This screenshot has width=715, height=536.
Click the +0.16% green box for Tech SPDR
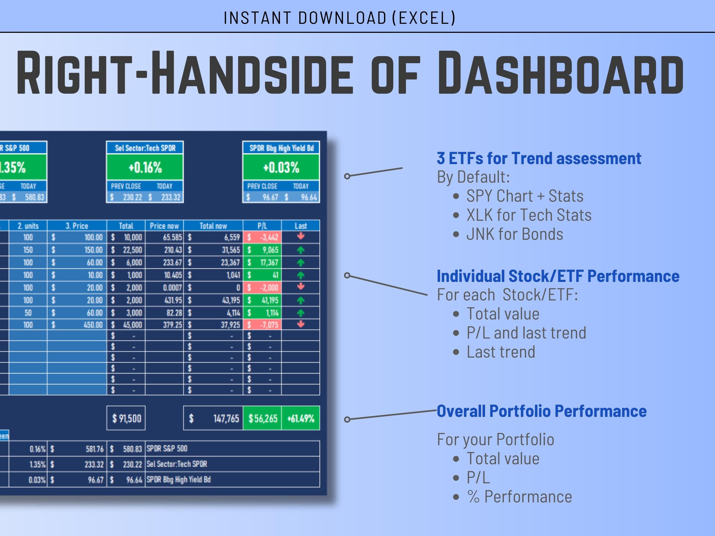pos(145,167)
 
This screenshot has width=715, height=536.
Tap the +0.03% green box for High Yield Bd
pos(281,167)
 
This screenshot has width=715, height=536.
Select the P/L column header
pos(262,226)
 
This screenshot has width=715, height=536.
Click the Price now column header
pos(164,226)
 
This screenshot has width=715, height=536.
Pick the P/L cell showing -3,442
pos(262,237)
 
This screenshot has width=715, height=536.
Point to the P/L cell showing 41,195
pos(262,300)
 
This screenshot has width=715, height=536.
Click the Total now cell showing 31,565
pos(213,250)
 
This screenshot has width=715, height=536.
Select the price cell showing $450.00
pos(77,325)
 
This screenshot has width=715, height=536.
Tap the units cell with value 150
pos(28,250)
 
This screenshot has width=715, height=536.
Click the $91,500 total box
pos(126,418)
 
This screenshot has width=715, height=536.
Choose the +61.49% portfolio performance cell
pos(301,418)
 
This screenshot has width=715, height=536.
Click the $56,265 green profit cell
pos(262,418)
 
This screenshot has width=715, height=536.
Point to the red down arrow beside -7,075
pos(301,324)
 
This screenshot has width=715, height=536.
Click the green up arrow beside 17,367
pos(301,263)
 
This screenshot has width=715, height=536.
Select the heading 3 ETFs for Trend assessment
pos(539,158)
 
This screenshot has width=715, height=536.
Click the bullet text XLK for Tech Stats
pos(529,215)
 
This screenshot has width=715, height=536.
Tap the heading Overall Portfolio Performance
pos(542,411)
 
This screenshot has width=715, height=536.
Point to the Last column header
pos(301,226)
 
